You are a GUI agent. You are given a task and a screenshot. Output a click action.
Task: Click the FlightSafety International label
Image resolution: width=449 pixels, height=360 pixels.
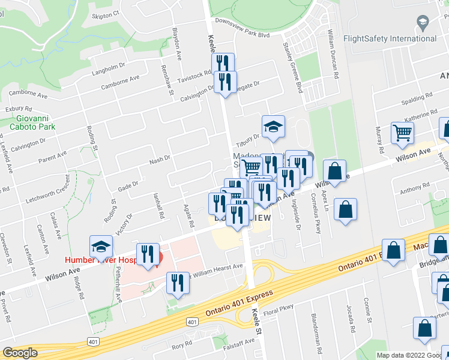[390, 39]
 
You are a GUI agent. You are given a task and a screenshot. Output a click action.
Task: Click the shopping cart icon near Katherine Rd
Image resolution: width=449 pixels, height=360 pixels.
[402, 133]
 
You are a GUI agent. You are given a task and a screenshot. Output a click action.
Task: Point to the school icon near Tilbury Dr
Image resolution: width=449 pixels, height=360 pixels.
[273, 127]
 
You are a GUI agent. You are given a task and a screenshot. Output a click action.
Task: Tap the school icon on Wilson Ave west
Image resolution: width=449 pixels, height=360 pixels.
[101, 247]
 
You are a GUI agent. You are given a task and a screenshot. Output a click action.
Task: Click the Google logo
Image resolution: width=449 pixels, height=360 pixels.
[20, 353]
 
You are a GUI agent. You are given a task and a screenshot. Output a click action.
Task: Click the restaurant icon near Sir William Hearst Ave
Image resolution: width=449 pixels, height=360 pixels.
[177, 283]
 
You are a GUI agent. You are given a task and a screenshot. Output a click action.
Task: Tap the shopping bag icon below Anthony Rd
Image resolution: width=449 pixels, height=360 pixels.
[345, 210]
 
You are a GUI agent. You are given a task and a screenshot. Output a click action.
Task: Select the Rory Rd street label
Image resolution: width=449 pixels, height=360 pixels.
[177, 346]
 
